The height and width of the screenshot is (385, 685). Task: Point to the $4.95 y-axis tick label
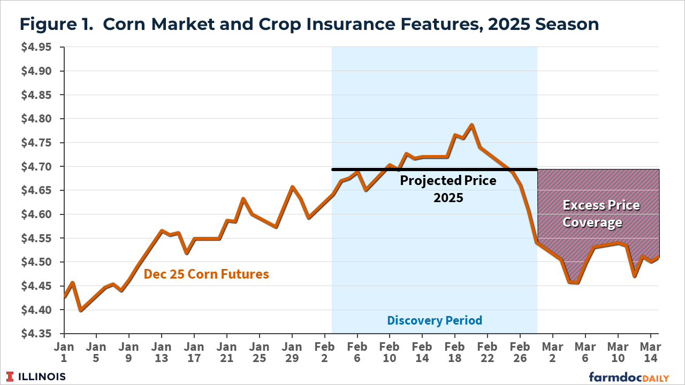36,48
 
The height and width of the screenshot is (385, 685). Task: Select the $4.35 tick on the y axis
36,334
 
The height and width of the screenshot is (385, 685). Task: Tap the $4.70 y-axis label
36,167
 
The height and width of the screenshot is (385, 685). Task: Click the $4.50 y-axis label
36,262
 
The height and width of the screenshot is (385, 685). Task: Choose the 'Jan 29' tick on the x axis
292,352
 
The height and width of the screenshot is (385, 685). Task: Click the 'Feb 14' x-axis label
422,352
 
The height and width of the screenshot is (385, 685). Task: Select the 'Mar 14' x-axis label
650,352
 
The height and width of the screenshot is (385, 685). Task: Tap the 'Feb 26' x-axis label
520,352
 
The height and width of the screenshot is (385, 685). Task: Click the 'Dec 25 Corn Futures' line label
206,274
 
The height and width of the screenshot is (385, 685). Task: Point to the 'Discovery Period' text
435,320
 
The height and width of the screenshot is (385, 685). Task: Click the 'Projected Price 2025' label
448,189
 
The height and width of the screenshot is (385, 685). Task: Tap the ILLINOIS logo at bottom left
36,376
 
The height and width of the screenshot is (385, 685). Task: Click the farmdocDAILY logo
629,377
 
